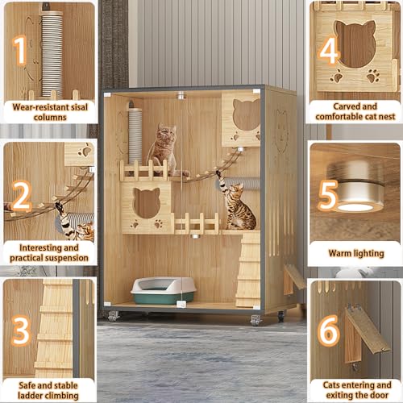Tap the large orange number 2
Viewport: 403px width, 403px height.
click(x=23, y=194)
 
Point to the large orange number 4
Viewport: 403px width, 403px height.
click(x=328, y=50)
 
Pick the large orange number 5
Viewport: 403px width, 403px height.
click(x=328, y=195)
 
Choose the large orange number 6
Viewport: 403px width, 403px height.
click(x=328, y=331)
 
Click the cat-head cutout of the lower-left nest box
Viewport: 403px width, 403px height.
click(x=147, y=202)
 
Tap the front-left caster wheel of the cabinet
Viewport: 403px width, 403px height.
click(x=114, y=317)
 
